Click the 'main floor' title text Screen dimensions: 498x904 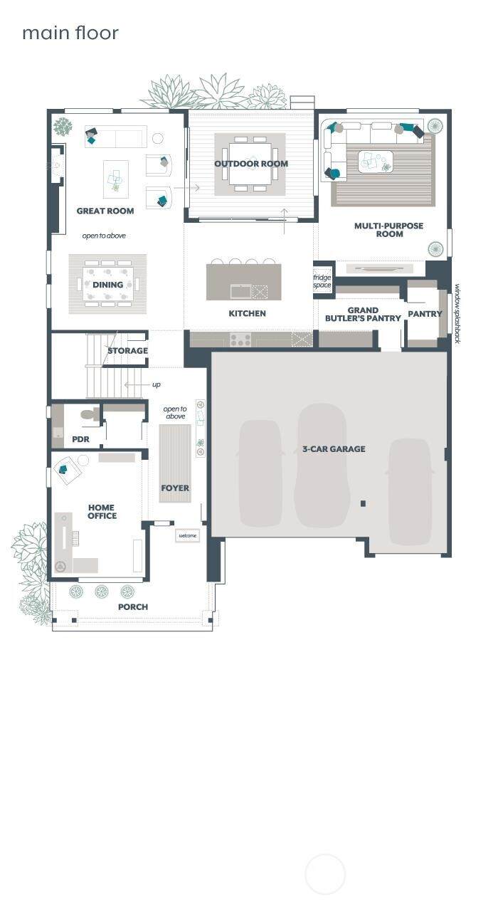tap(70, 33)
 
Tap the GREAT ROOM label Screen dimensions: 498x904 tap(105, 211)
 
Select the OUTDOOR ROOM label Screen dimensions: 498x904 tap(251, 164)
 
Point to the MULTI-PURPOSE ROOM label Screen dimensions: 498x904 tap(388, 230)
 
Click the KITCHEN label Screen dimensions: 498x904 tap(247, 313)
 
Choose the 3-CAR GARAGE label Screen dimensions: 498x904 tap(334, 448)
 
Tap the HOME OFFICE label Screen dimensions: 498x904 tap(102, 511)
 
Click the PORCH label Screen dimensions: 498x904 tap(133, 606)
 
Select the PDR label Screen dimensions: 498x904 tap(80, 439)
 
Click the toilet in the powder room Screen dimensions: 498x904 tap(90, 414)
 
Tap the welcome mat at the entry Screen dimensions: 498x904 tap(188, 535)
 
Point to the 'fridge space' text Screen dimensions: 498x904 tap(322, 281)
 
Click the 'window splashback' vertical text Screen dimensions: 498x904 tap(457, 314)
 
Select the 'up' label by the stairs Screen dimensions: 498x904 tap(157, 384)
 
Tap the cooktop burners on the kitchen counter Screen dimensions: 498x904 tap(240, 340)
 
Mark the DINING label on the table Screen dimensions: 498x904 tap(107, 285)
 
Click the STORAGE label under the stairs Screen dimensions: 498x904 tap(127, 351)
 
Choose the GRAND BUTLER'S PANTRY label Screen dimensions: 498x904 tap(363, 314)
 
